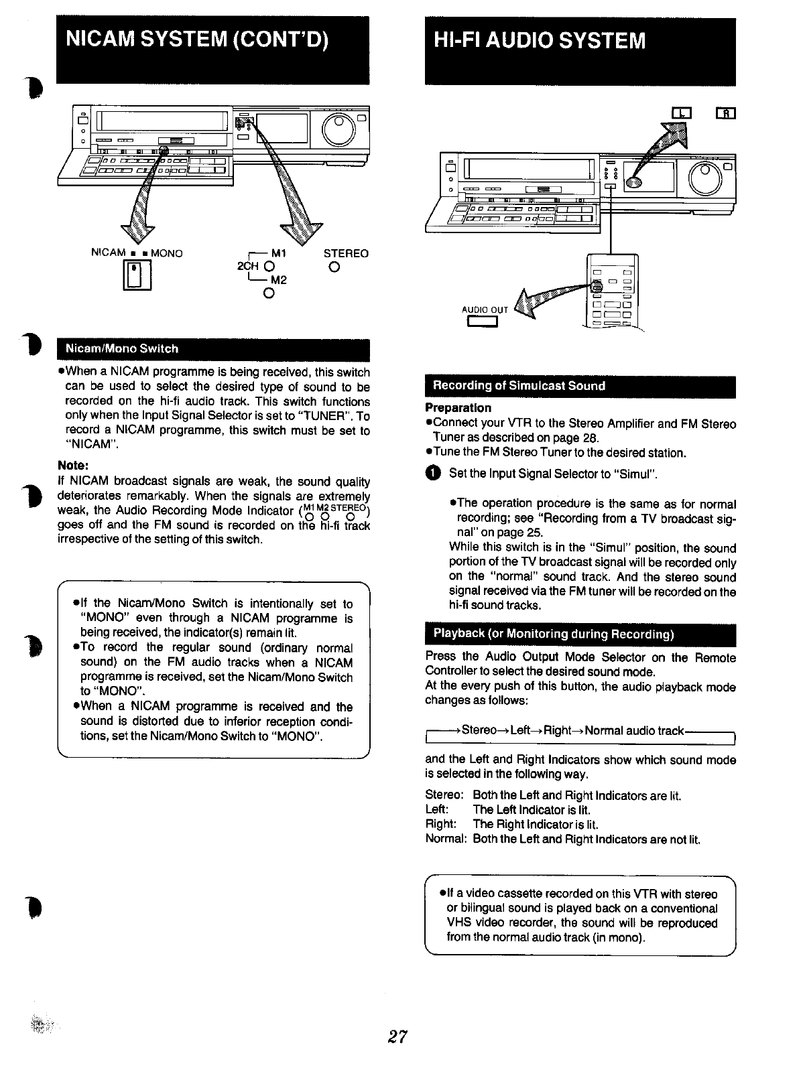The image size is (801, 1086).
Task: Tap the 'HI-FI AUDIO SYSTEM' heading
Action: (x=540, y=41)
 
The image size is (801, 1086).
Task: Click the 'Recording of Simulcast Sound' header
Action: (x=519, y=386)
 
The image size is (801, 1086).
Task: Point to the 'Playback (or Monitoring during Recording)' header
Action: (x=554, y=634)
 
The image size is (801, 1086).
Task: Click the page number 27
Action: (x=398, y=1036)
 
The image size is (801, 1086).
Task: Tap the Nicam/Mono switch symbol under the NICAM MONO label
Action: (x=136, y=274)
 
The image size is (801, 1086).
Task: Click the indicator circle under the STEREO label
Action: (x=334, y=268)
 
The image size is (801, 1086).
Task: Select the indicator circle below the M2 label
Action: (x=267, y=293)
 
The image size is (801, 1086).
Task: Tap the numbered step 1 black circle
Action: (x=433, y=474)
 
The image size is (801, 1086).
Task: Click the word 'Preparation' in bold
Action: (x=458, y=408)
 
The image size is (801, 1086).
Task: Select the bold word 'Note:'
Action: (x=74, y=466)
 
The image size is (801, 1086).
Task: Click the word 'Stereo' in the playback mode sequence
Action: (x=479, y=730)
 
